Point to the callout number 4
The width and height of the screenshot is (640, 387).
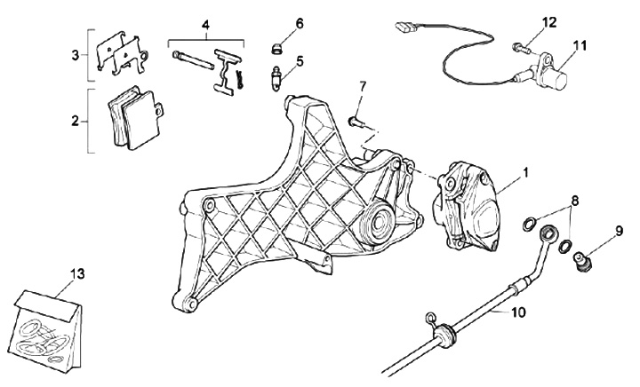205,25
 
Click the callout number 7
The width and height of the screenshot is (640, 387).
362,86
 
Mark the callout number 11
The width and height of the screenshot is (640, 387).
580,44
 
